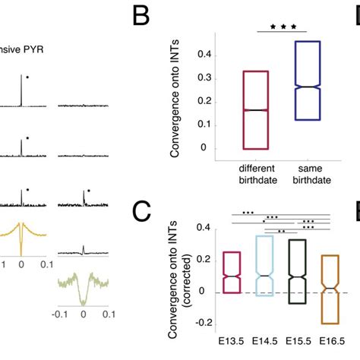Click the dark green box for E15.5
(297, 272)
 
